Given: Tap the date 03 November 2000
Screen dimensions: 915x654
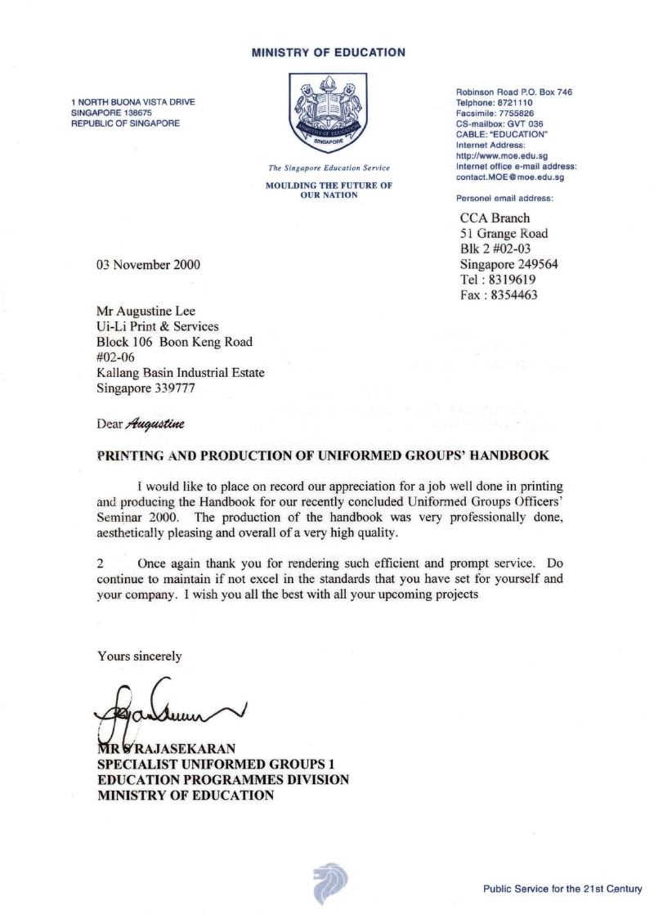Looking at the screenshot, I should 147,265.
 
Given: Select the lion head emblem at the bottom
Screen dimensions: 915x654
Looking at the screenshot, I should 329,882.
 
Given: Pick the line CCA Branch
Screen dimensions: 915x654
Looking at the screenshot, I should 495,218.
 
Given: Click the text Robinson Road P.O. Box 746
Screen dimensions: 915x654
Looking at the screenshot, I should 513,92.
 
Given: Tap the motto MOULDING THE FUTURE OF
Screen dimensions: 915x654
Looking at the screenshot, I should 329,186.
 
